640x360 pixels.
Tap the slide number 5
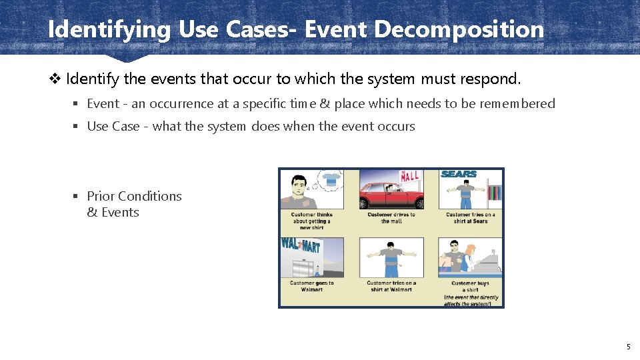pos(628,347)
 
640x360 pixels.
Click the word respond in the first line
pos(491,79)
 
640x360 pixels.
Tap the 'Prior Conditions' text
pos(134,196)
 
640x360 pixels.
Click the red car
pos(392,195)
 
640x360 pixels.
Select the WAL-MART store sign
pos(301,245)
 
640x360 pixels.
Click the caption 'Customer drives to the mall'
pos(391,218)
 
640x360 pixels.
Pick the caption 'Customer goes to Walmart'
pos(311,286)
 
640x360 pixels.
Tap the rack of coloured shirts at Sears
pos(493,193)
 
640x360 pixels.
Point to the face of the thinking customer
pos(297,183)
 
